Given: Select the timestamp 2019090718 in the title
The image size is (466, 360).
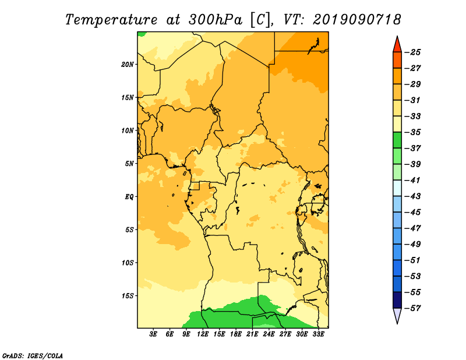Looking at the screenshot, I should point(357,19).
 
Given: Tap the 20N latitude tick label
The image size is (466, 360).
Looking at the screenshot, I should point(128,64).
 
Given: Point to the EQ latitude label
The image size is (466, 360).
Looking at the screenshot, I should point(130,197).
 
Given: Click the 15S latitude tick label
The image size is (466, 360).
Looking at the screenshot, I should point(128,295).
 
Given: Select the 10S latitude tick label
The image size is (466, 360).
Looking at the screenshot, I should point(128,263).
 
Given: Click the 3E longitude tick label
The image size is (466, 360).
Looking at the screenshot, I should point(154,335).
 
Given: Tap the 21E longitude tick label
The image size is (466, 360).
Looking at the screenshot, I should point(253,335).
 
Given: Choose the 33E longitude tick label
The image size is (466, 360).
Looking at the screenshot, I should point(319,335).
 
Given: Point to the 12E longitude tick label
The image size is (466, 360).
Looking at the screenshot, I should point(203,335).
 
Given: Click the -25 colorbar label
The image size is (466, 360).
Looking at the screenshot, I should point(412,52).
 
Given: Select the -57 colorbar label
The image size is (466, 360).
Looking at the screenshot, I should point(412,308).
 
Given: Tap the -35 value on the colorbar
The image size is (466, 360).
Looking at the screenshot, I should point(412,132).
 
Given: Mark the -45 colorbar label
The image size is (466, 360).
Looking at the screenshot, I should point(412,212).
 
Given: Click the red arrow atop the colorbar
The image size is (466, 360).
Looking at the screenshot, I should point(397,44).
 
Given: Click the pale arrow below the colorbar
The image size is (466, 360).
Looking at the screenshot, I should point(397,316).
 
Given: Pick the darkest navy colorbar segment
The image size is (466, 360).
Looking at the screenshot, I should point(397,300).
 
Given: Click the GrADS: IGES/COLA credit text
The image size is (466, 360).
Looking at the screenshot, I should point(32,355).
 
